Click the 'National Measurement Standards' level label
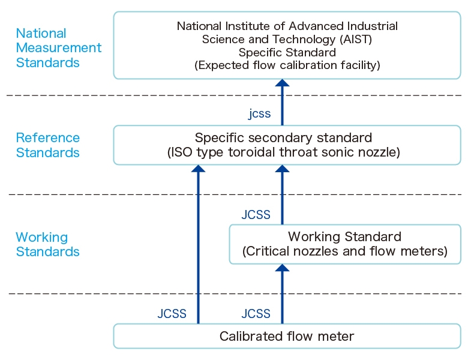point(58,48)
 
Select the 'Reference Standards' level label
point(47,145)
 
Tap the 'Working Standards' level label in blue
point(47,244)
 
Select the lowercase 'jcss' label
point(259,114)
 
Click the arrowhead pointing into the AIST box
point(282,83)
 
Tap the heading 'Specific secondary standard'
point(283,137)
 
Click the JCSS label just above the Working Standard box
point(256,215)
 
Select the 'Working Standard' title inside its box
point(344,236)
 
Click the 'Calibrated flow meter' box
point(287,336)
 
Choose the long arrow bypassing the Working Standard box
point(198,246)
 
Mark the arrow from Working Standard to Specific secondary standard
point(282,198)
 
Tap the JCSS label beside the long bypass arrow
point(172,314)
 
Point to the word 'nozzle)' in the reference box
point(379,152)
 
